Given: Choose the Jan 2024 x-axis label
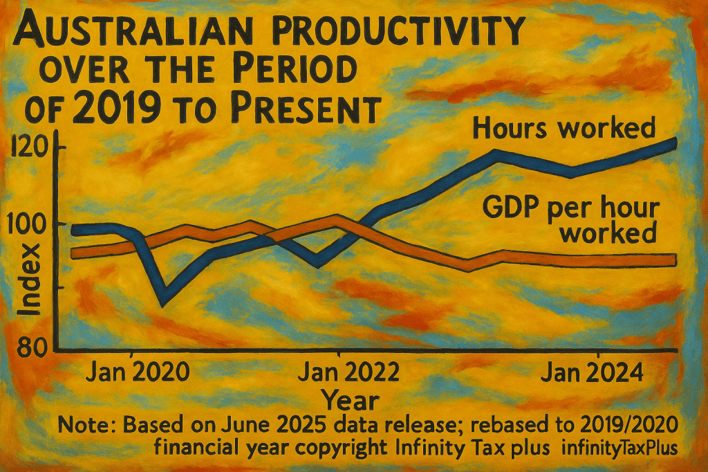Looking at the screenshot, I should point(591,372).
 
